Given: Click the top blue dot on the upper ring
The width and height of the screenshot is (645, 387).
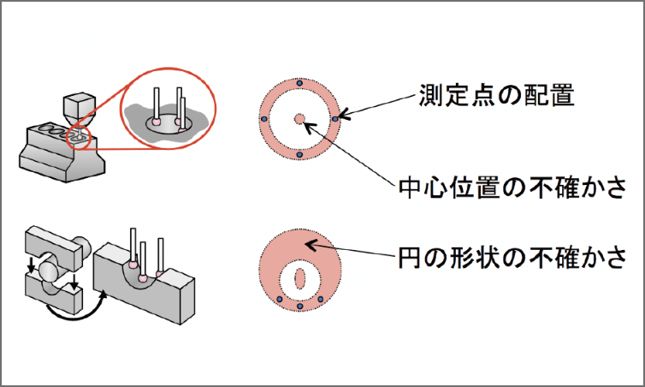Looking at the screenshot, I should coord(299,83).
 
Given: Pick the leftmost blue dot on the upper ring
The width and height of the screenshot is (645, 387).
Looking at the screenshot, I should coord(264,119).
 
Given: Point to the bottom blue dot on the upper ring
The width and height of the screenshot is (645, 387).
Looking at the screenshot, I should coord(299,155).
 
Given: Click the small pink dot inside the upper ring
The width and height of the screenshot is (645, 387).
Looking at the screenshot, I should coord(299,119).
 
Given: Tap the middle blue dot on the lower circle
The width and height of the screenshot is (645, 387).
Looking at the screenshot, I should coord(299,306).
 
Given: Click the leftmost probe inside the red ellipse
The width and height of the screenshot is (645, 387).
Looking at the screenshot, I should coord(157,107).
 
